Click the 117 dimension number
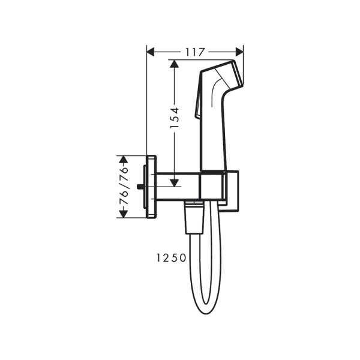pos(195,52)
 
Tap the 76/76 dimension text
pos(124,186)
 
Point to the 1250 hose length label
pos(169,258)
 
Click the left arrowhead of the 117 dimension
pos(151,52)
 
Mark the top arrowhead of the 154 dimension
pos(174,64)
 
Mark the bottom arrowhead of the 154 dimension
pos(174,183)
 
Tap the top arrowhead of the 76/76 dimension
pos(124,159)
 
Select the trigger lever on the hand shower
pos(196,108)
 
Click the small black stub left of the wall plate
pos(141,187)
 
